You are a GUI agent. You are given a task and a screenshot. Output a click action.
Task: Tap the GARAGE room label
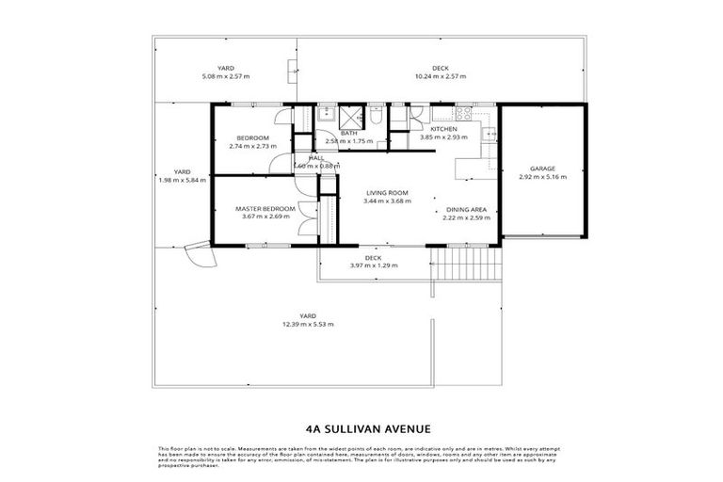pos(543,169)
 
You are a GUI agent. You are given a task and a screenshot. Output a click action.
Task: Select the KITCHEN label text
pos(443,129)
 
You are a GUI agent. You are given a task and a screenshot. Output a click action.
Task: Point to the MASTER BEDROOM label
pos(265,208)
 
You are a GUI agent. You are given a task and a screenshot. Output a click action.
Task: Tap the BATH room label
pos(348,134)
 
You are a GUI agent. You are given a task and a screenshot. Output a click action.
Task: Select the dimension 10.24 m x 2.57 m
pos(440,76)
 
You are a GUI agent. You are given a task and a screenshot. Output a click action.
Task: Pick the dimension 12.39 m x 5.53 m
pos(308,324)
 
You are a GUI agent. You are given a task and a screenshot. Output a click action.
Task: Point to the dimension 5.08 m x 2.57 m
pos(226,76)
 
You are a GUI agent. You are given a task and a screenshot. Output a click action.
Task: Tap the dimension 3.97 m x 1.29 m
pos(373,265)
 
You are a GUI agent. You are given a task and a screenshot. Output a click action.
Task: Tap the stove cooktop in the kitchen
pos(490,136)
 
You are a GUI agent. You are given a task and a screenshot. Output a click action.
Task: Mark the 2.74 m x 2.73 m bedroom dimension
pos(252,146)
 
